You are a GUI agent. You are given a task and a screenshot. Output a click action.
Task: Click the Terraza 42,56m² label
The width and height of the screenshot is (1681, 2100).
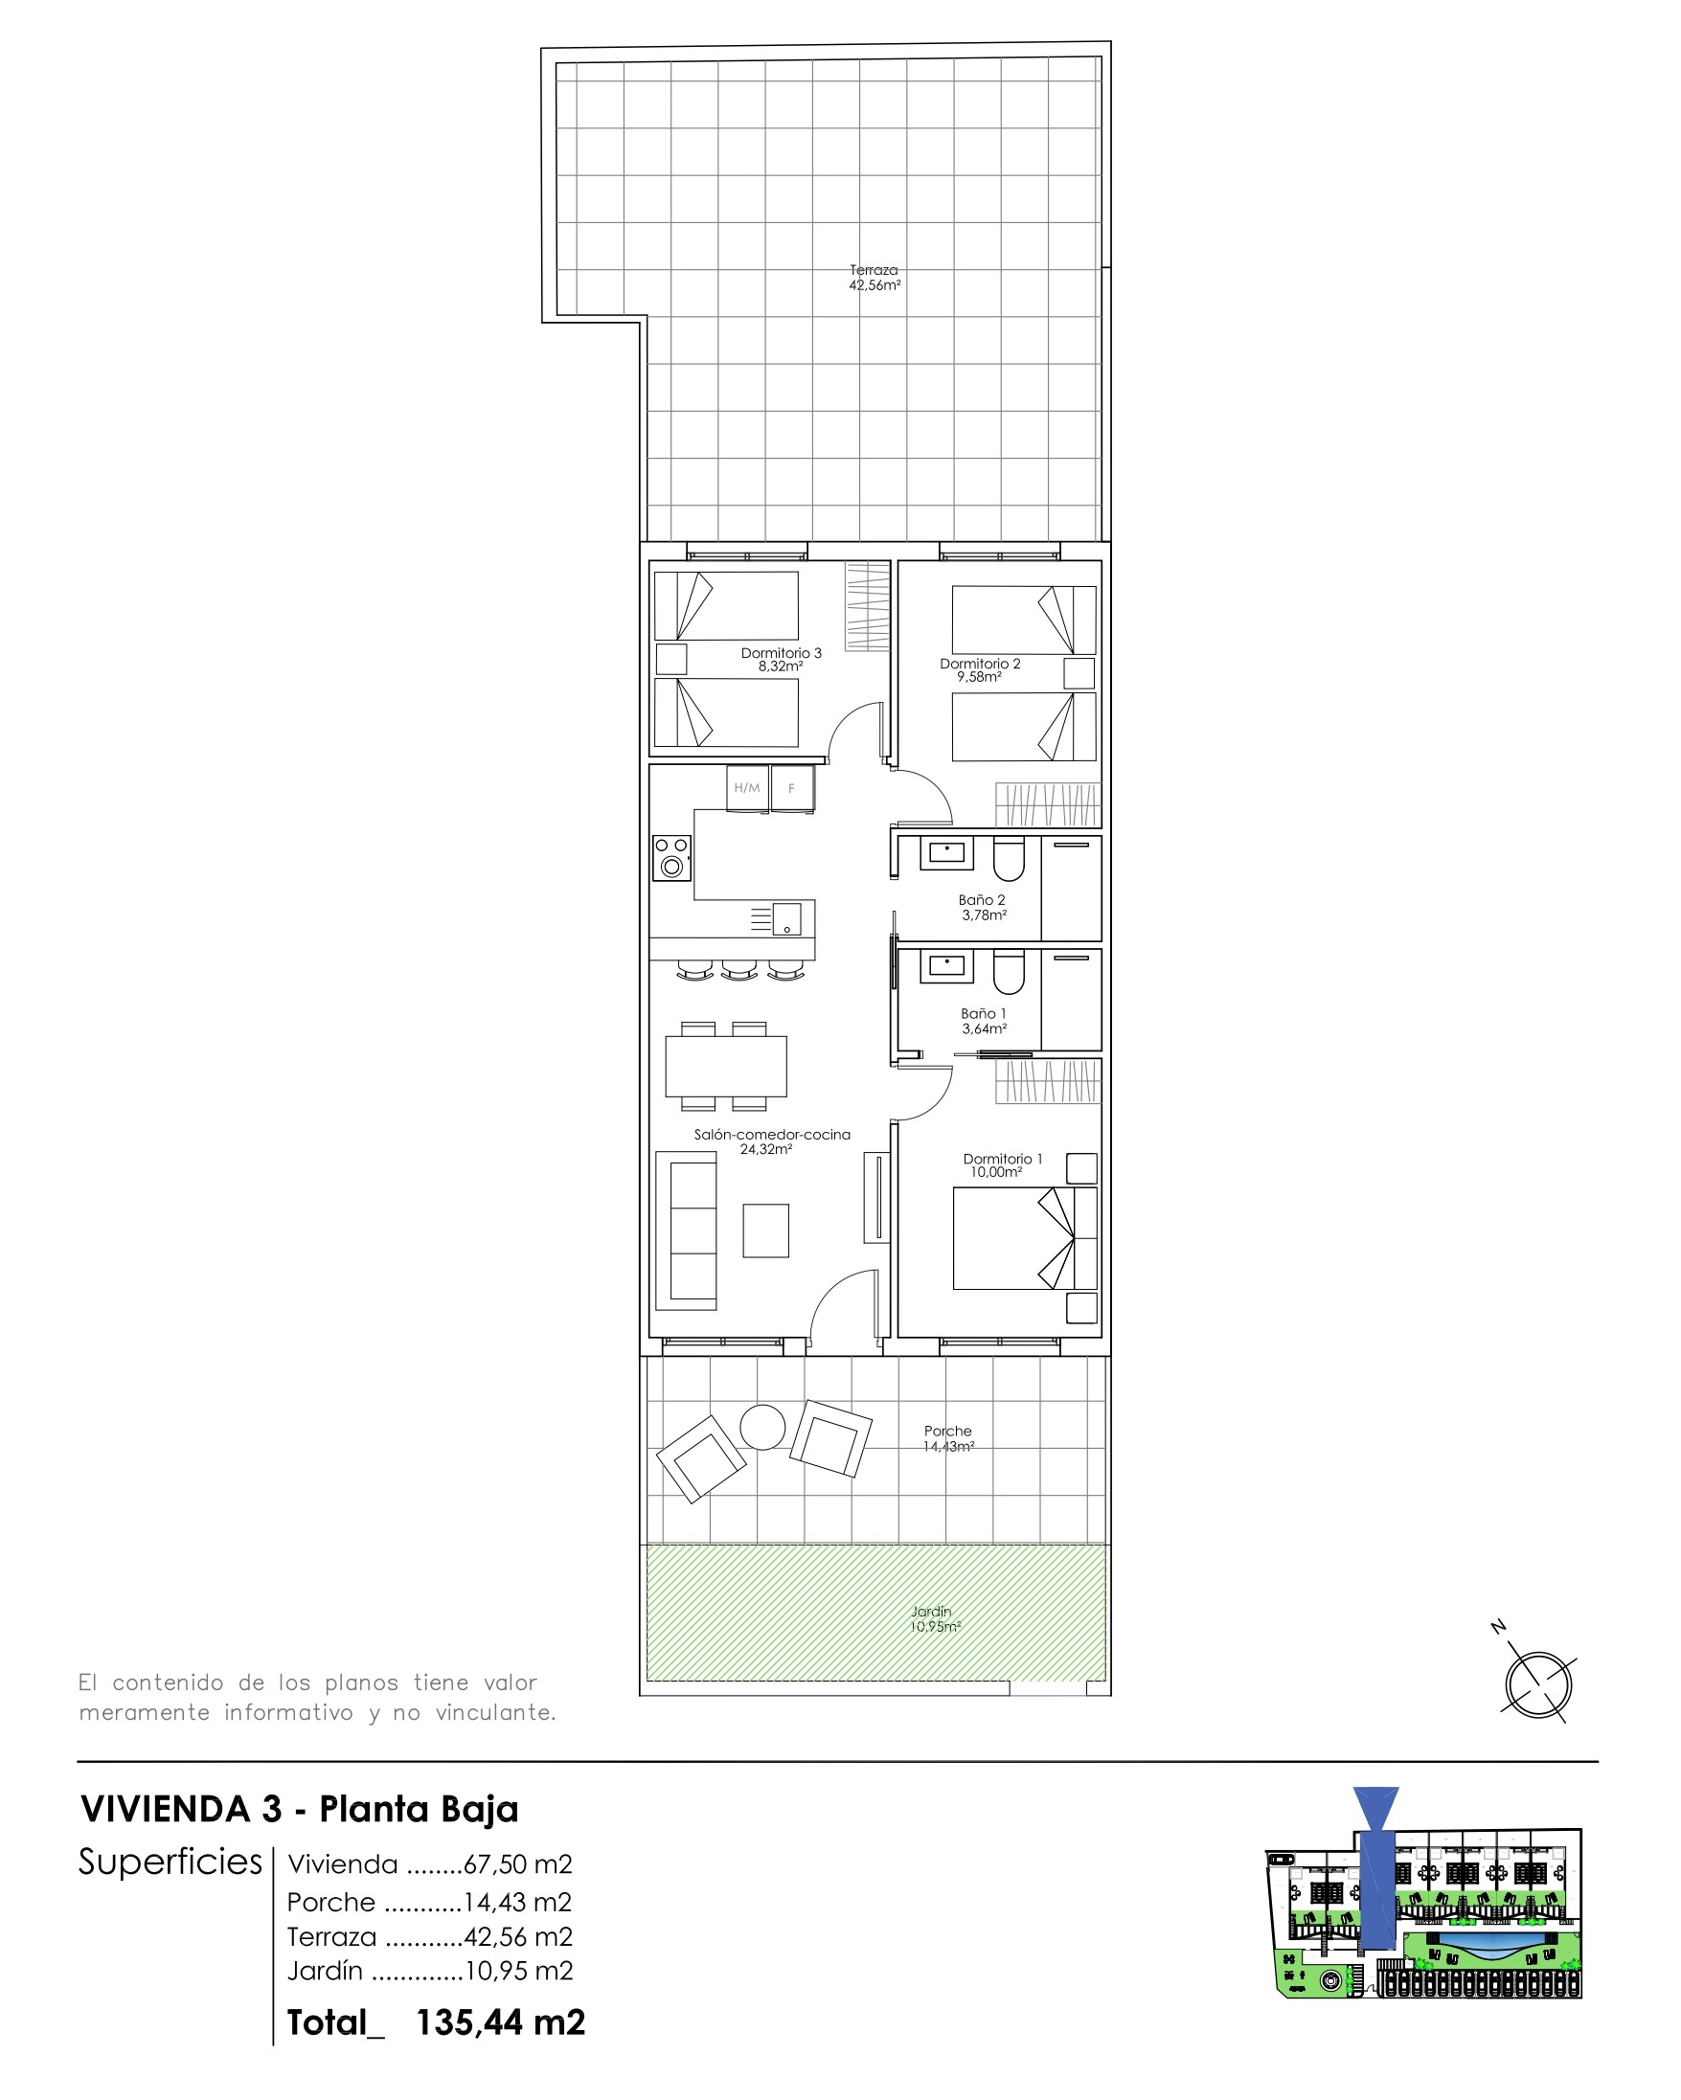pos(875,278)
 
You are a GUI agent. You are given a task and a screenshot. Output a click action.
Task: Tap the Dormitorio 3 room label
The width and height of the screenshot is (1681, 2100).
pos(781,660)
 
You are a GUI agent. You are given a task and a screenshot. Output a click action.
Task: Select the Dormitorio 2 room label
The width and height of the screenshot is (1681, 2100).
pos(979,670)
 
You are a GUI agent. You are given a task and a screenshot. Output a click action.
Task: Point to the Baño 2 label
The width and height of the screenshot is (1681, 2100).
pos(983,907)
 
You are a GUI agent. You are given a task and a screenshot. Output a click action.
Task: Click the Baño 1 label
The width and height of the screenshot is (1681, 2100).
pos(984,1021)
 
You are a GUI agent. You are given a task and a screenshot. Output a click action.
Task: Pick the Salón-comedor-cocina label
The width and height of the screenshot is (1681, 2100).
pos(772,1141)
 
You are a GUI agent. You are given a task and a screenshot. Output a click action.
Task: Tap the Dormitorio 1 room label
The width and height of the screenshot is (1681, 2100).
pos(1002,1165)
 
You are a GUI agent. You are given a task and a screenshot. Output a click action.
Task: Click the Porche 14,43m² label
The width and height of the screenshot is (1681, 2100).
pos(948,1438)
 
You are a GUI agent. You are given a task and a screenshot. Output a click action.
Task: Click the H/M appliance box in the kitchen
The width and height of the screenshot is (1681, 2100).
pos(747,788)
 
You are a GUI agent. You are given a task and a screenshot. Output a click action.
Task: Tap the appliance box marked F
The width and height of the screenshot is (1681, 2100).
pos(792,788)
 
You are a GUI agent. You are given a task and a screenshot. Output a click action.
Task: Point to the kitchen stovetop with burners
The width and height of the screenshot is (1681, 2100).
pos(671,858)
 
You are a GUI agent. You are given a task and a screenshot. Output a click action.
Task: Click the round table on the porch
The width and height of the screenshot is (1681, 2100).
pos(762,1428)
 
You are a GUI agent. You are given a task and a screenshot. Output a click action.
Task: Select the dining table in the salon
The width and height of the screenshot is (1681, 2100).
pos(726,1067)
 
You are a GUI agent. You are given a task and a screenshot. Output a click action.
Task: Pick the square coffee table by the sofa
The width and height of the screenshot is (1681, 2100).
pos(766,1231)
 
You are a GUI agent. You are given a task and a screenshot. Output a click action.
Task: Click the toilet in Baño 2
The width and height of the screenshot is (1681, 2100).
pos(1009,858)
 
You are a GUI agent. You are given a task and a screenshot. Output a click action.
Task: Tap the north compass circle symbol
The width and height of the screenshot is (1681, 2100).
pos(1537,1684)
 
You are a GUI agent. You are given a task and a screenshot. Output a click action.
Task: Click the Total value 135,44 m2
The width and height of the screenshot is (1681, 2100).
pos(500,2022)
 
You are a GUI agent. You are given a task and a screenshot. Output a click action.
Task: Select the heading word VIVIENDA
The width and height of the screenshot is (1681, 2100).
pos(166,1809)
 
